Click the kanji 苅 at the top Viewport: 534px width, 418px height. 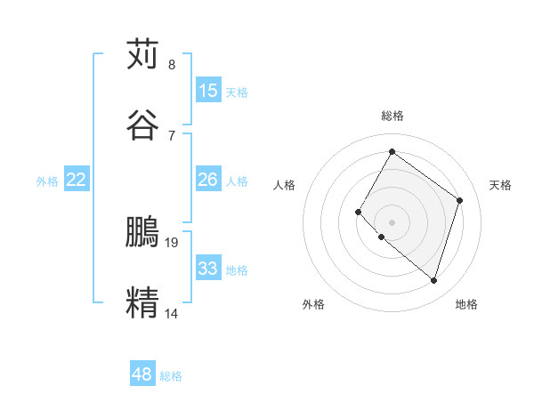(143, 54)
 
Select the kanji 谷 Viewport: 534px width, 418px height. (143, 125)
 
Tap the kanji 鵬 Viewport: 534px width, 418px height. (143, 232)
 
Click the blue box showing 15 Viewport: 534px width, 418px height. (208, 90)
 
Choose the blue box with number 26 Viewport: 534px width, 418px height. (208, 180)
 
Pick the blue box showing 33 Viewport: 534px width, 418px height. (208, 268)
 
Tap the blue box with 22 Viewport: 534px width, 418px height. (77, 180)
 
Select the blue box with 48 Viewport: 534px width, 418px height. (142, 374)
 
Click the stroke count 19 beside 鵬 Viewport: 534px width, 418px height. (173, 242)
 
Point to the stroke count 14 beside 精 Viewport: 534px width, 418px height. (173, 312)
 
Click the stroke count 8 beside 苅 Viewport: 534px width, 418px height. (172, 64)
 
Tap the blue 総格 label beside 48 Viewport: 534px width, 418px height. (172, 376)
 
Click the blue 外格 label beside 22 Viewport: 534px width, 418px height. (47, 181)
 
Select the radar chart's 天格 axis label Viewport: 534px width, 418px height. (500, 185)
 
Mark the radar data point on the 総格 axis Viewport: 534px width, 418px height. (392, 151)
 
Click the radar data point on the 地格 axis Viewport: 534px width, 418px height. (434, 281)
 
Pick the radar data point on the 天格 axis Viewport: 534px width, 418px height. (460, 200)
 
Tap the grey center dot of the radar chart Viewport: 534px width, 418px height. (392, 221)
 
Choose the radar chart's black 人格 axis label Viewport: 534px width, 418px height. (285, 185)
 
